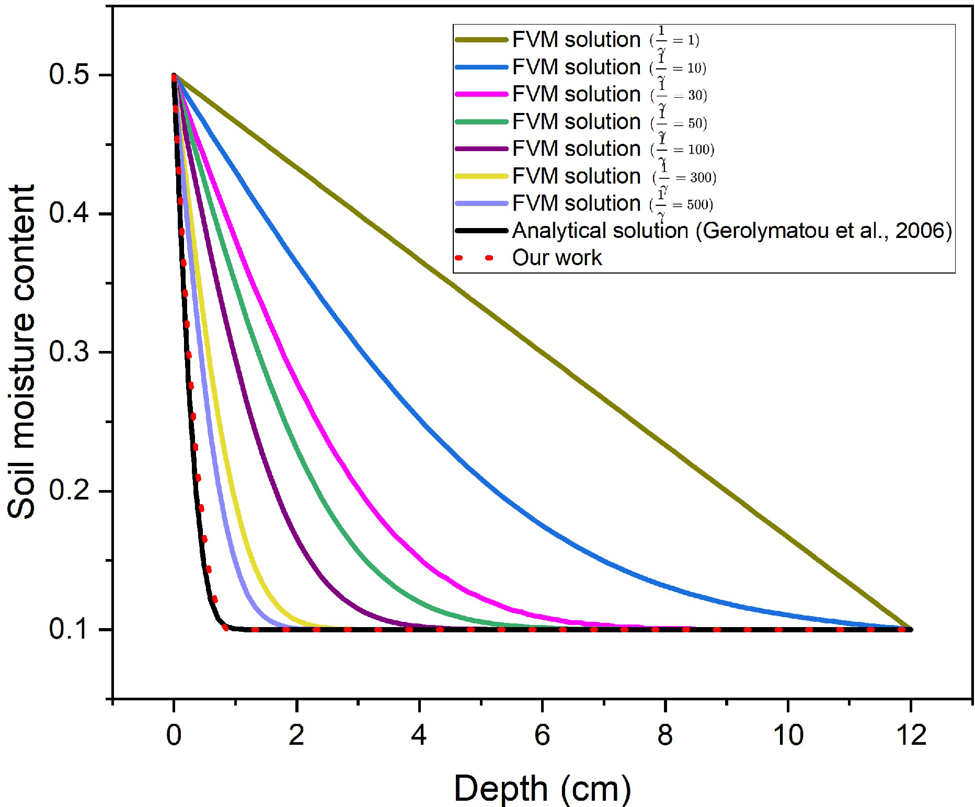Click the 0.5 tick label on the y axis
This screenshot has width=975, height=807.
pos(68,75)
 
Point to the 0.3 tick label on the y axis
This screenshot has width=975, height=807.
pos(68,352)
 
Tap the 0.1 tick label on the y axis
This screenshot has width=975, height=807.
pos(68,629)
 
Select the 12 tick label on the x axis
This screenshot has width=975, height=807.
pos(911,735)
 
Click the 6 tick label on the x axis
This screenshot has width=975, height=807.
pos(542,735)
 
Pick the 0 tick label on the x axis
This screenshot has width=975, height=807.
pos(174,735)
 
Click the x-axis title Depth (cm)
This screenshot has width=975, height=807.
pos(542,789)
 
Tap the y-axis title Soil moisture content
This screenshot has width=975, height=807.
pos(22,351)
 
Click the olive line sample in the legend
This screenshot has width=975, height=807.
pos(481,40)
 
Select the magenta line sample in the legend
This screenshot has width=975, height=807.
pos(481,94)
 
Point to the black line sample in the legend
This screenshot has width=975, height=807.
pos(481,230)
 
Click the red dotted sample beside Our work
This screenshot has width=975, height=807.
pos(481,258)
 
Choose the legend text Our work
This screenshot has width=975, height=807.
pos(557,258)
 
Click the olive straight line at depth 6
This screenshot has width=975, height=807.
pos(542,353)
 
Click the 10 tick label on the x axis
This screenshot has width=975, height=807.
pos(788,735)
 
